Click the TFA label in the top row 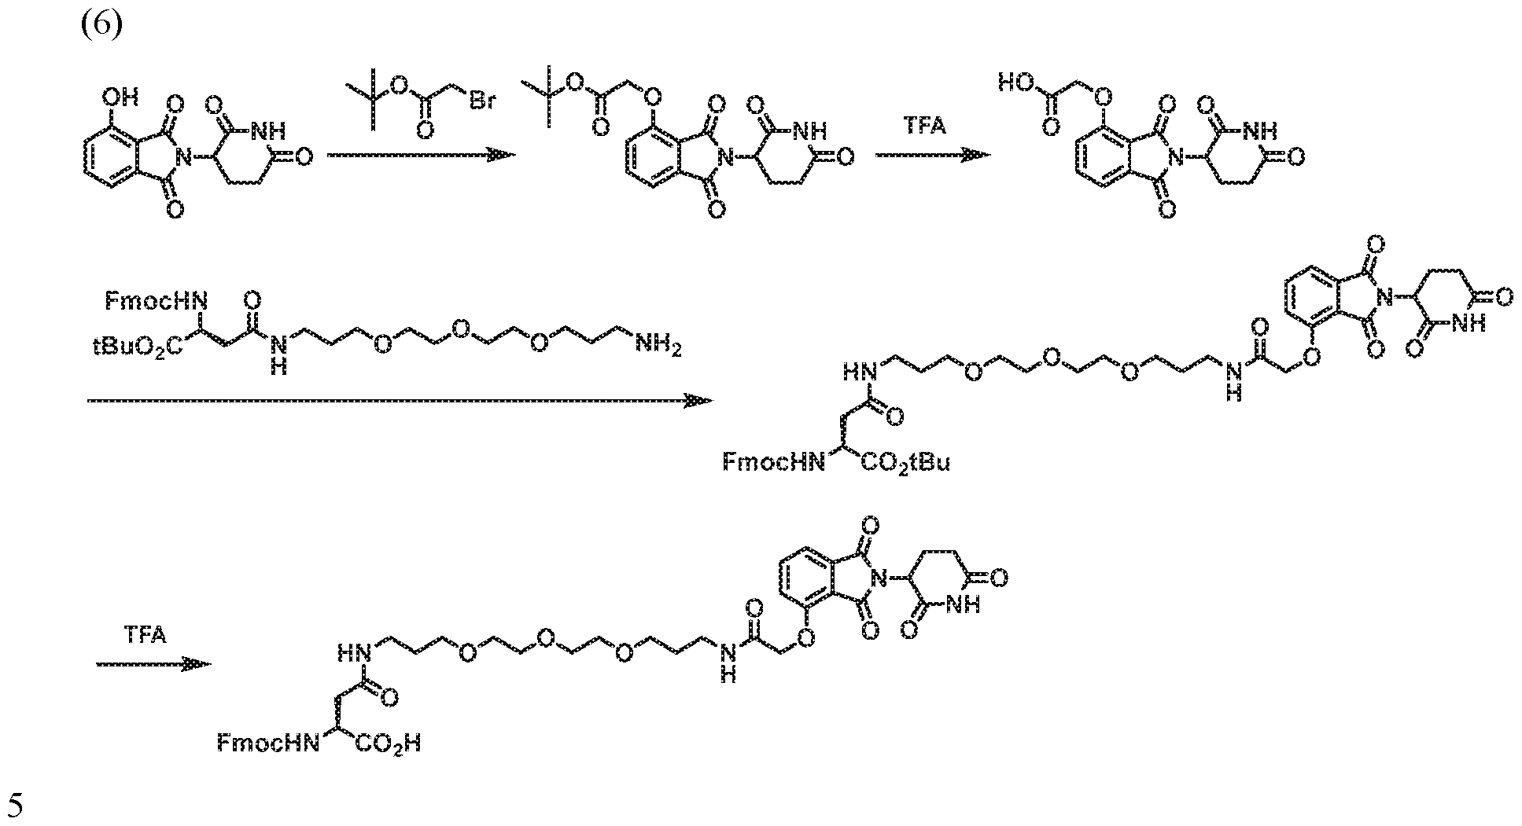point(926,126)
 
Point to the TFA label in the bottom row point(146,634)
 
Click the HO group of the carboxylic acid point(1015,83)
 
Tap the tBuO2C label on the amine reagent point(133,345)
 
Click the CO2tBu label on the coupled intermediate point(905,463)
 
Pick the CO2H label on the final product point(389,743)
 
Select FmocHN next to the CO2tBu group point(775,462)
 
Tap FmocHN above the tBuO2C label point(156,301)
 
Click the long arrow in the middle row point(400,401)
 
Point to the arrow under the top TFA point(933,156)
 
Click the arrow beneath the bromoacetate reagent point(421,156)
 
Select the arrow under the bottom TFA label point(154,665)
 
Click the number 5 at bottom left point(16,805)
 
